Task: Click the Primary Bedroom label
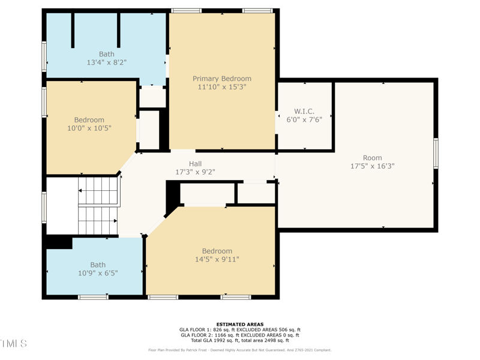click(222, 79)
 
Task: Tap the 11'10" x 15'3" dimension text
click(222, 87)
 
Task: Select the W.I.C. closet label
click(304, 112)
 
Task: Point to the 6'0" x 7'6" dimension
click(304, 119)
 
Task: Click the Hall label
click(195, 164)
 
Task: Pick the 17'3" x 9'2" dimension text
click(195, 172)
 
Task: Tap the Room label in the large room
click(372, 158)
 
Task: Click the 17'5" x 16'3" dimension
click(372, 166)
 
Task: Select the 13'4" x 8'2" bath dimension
click(107, 62)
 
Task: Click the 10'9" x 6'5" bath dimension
click(98, 273)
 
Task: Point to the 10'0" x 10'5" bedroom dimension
click(89, 128)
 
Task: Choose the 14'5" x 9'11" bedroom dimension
click(217, 259)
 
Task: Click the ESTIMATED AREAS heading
click(240, 325)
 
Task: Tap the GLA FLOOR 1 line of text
click(240, 329)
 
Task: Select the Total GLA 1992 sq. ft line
click(240, 340)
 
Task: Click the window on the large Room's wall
click(436, 153)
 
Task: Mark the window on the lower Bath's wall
click(93, 297)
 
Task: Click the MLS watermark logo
click(14, 343)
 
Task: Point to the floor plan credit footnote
click(240, 350)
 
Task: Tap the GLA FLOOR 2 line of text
click(240, 335)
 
